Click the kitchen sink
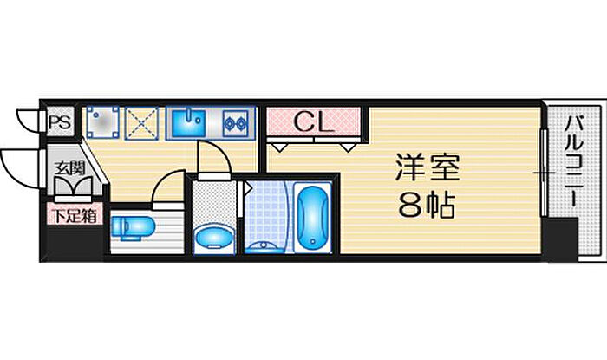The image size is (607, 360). (x=187, y=121)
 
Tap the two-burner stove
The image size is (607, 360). (x=235, y=122)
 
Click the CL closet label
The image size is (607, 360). (x=313, y=122)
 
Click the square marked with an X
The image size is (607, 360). (x=140, y=121)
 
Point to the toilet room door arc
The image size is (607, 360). (x=165, y=189)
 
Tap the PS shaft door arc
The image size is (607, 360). (x=29, y=119)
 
